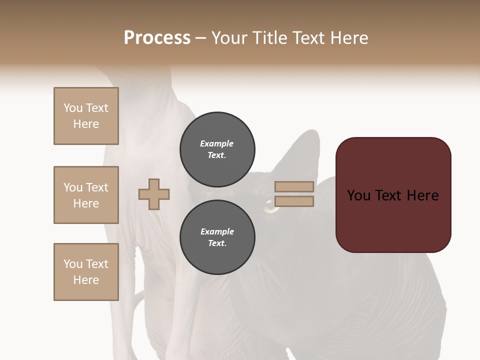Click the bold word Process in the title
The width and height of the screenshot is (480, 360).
157,38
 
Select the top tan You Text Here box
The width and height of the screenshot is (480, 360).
86,116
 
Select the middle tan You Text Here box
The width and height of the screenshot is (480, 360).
86,195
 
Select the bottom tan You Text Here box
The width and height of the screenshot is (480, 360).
86,272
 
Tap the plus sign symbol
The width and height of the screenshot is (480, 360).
154,194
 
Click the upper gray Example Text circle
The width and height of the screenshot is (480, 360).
217,149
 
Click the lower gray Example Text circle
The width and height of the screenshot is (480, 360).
217,237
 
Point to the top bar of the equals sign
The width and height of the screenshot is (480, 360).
294,187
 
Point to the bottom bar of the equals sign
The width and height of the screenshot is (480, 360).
294,201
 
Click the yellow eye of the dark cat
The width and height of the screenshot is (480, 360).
271,206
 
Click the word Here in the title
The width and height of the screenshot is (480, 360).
349,38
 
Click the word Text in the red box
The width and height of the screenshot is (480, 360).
393,195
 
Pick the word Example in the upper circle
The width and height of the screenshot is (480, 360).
217,143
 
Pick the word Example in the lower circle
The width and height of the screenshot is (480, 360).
217,231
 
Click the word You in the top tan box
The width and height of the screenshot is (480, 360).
72,108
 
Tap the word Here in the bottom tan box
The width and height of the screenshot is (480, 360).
86,280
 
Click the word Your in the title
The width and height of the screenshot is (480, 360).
230,38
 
